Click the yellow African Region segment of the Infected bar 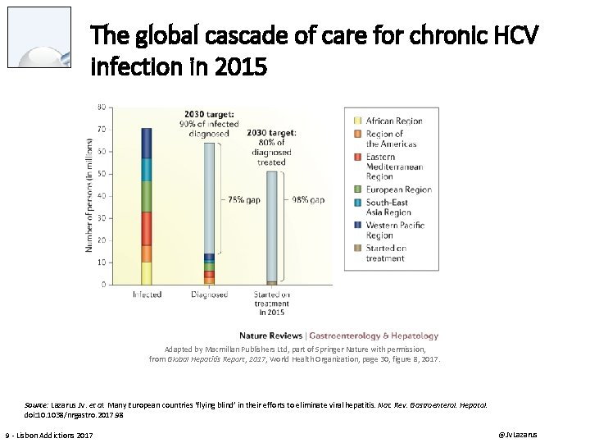tap(146, 273)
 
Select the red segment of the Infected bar tap(146, 228)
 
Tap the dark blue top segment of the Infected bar tap(146, 143)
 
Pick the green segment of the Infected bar tap(146, 196)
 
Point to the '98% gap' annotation tap(308, 199)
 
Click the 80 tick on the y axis tap(101, 107)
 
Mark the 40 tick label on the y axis tap(101, 195)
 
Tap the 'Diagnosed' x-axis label tap(209, 295)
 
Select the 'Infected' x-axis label tap(147, 295)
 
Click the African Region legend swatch tap(357, 121)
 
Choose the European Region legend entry tap(399, 190)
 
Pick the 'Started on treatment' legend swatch tap(357, 248)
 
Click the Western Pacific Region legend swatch tap(357, 226)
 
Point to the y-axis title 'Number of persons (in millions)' tap(89, 195)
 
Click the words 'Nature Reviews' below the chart tap(270, 336)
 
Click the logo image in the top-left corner tap(39, 37)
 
